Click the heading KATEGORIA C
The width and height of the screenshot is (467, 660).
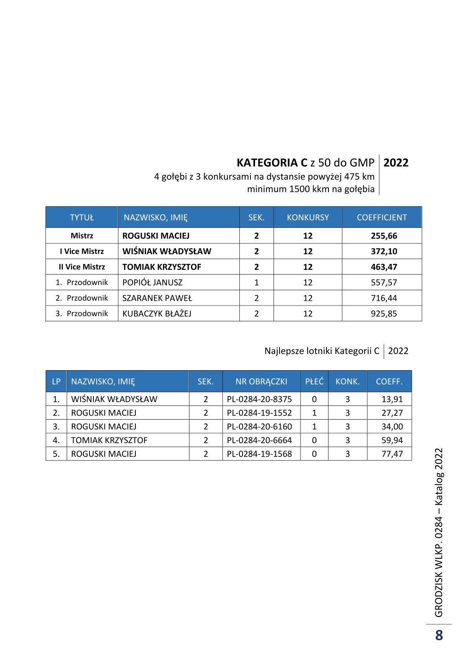272,163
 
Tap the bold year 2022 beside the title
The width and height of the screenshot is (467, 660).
396,163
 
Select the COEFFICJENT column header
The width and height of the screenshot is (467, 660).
381,217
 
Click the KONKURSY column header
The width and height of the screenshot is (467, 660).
308,217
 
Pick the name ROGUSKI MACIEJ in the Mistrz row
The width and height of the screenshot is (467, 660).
156,236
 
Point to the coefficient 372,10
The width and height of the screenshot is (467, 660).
384,251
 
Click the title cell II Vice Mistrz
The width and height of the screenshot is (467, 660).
82,267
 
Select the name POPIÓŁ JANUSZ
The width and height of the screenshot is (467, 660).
152,282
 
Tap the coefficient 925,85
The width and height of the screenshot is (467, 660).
384,314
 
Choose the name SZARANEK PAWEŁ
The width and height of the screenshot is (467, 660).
157,298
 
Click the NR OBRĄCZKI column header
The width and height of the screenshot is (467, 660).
261,381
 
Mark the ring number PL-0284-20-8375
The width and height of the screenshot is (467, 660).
259,399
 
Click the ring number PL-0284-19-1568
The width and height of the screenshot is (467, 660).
259,454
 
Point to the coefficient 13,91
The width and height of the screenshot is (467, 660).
392,399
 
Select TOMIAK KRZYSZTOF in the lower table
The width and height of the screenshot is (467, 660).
109,440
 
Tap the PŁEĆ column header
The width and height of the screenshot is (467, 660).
314,381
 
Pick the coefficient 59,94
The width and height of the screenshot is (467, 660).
392,440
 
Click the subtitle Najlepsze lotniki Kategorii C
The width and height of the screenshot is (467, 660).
322,351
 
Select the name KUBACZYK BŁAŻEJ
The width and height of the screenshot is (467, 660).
157,314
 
